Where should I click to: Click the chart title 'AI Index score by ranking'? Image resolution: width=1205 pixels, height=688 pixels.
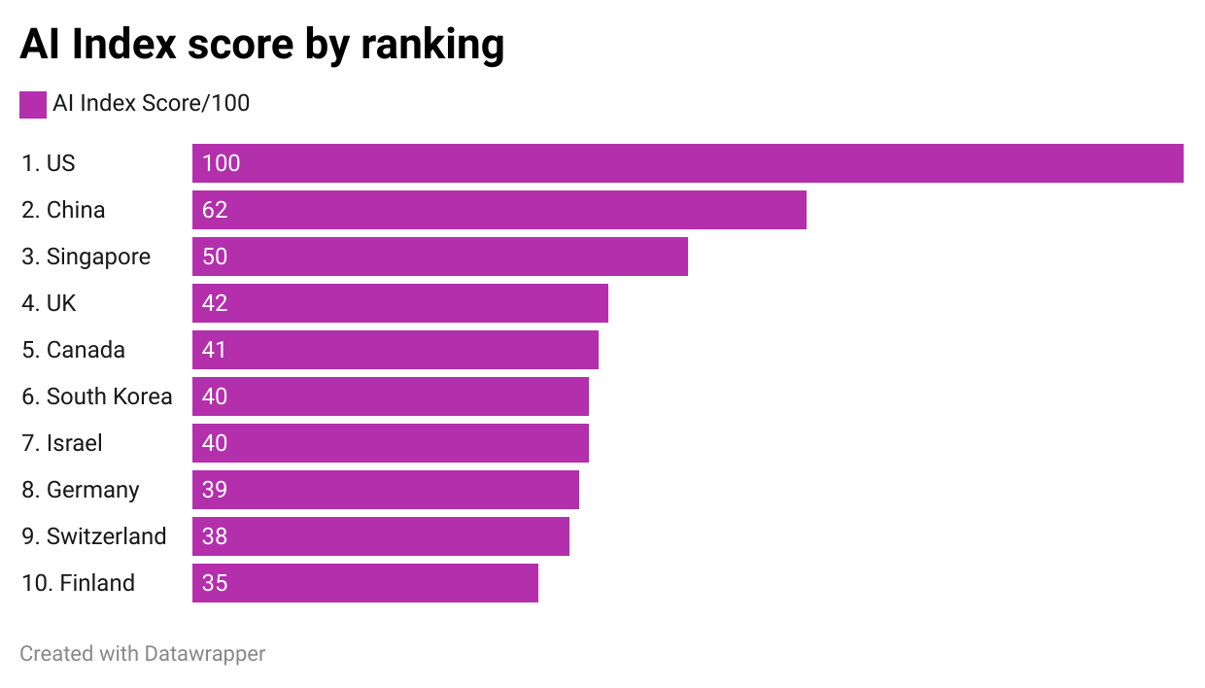[261, 45]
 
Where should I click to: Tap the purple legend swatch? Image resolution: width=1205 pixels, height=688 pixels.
[33, 104]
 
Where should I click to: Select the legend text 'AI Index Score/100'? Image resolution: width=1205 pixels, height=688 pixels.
[151, 103]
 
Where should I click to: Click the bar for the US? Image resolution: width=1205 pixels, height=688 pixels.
[687, 163]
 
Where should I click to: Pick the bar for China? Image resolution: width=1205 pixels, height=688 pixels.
[499, 210]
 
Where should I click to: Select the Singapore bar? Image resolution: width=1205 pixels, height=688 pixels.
[439, 257]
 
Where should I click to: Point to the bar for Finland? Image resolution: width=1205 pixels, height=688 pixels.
[364, 583]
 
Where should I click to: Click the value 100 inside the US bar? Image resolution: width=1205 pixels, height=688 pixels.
[222, 163]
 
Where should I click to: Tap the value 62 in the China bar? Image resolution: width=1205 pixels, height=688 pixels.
[215, 210]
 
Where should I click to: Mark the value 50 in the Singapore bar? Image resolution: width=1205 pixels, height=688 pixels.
[215, 257]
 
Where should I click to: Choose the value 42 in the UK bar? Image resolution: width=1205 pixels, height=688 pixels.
[215, 303]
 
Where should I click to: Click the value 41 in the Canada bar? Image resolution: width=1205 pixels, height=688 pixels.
[215, 350]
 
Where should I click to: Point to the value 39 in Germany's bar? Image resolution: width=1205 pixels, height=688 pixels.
[215, 490]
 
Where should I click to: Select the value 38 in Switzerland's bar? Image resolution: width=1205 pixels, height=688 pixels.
[215, 536]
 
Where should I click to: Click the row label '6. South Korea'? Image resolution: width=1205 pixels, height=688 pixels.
[96, 396]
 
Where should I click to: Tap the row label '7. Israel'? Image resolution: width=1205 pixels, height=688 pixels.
[61, 443]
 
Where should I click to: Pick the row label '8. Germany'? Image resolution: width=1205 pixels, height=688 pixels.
[80, 490]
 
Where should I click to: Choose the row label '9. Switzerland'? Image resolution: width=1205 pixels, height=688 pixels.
[93, 536]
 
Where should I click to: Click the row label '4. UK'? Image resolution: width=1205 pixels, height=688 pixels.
[49, 303]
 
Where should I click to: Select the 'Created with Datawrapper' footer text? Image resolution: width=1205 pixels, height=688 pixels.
[142, 654]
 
